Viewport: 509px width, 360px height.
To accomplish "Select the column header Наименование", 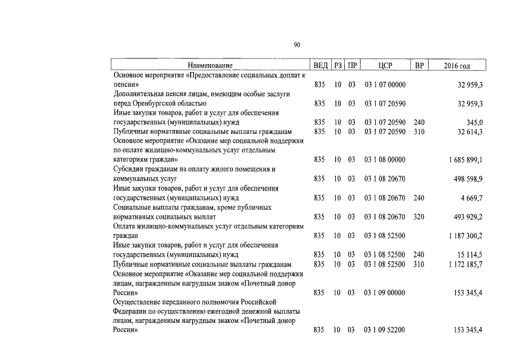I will point(210,66).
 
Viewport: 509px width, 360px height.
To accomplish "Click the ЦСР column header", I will point(385,66).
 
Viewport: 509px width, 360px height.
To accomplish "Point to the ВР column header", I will point(419,66).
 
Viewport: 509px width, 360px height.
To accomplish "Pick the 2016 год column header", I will point(457,66).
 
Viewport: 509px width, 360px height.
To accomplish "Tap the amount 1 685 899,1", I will point(466,160).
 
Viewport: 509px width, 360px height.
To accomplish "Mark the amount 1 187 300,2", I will point(466,236).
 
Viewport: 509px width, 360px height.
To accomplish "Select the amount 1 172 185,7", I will point(466,264).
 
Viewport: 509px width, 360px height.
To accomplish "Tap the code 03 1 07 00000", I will point(385,84).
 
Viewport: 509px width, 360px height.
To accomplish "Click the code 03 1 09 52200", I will point(385,330).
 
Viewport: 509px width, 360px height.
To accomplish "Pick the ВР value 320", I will point(419,217).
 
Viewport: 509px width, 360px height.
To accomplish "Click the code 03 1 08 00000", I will point(385,160).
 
